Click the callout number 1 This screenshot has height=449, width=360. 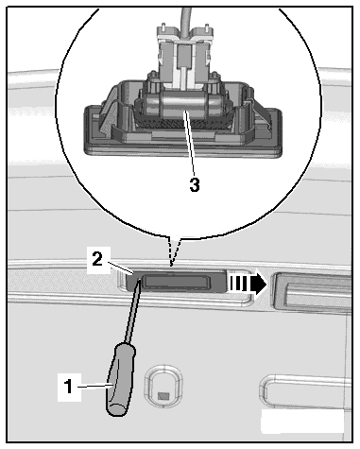[68, 387]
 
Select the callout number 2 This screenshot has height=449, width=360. [97, 259]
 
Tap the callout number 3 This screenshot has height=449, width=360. [195, 185]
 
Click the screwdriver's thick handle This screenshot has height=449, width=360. [120, 379]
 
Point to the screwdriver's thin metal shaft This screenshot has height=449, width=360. [132, 313]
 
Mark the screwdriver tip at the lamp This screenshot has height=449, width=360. [139, 282]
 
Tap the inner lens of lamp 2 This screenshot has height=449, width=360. [176, 281]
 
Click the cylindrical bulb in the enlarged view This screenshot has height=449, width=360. [183, 105]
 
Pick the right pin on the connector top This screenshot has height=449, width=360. [206, 28]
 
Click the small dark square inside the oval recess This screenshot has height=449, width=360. [163, 396]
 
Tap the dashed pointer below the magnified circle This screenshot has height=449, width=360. [174, 251]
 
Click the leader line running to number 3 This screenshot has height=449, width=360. [190, 145]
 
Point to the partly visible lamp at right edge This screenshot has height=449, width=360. [311, 292]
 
